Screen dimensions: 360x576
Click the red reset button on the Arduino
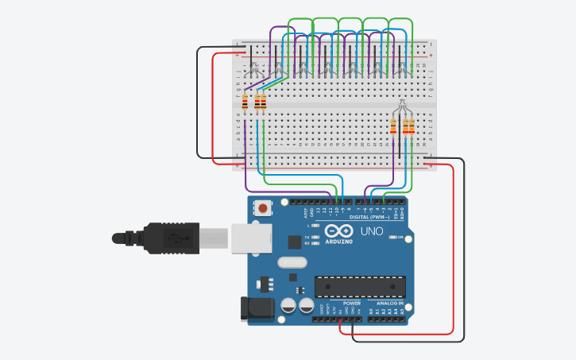pyautogui.click(x=262, y=209)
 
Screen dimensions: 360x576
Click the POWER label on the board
pyautogui.click(x=352, y=304)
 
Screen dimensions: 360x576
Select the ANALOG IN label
pyautogui.click(x=389, y=304)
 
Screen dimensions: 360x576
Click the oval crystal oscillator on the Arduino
pyautogui.click(x=292, y=262)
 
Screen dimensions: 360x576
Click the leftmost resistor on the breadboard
pyautogui.click(x=245, y=102)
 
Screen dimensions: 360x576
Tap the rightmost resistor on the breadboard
pyautogui.click(x=412, y=126)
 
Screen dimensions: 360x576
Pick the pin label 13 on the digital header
pyautogui.click(x=318, y=212)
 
